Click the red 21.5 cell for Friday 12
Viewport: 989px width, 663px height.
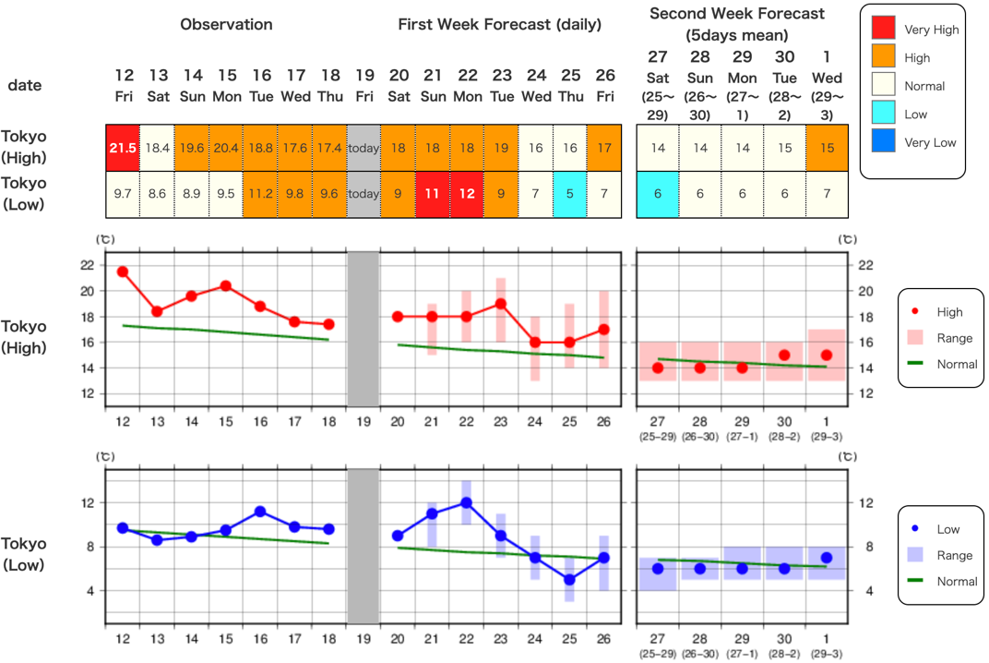tap(122, 148)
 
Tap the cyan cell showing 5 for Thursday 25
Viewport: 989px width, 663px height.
tap(570, 194)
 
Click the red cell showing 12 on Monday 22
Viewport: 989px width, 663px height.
tap(467, 194)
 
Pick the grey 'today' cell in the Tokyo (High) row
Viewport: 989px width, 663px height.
tap(363, 148)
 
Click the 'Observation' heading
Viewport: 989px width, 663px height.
tap(226, 24)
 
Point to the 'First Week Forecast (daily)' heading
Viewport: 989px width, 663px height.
tap(499, 24)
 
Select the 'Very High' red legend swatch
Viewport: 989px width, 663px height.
tap(884, 29)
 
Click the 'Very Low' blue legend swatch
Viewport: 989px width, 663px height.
tap(884, 142)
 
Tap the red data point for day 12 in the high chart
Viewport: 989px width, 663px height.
tap(122, 271)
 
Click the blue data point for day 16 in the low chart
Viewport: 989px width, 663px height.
tap(260, 512)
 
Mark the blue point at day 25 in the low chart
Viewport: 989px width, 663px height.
tap(570, 580)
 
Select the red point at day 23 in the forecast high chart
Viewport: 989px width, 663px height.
tap(501, 304)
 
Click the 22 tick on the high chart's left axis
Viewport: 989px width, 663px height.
tap(88, 265)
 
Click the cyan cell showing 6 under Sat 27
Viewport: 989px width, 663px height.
tap(658, 194)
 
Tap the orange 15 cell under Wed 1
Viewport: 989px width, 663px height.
tap(827, 148)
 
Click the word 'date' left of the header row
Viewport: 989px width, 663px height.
tap(25, 85)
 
